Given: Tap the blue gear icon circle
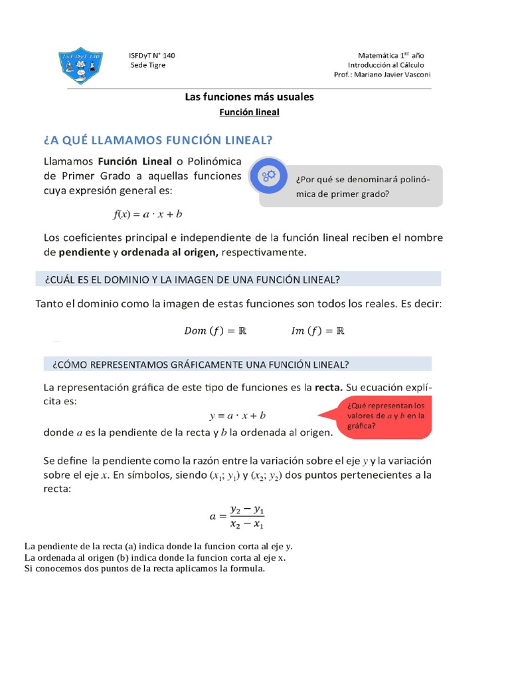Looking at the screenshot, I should (268, 176).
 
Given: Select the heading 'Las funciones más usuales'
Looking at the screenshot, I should (249, 96).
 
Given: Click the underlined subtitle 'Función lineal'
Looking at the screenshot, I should (250, 112).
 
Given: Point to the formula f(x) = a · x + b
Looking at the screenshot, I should (147, 214).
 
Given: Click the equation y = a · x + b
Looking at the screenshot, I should (237, 416).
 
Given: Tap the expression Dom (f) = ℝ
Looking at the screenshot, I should (214, 331).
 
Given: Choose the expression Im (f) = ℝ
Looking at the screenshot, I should (318, 331).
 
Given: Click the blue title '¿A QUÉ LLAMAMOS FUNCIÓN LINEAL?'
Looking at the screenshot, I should (158, 140).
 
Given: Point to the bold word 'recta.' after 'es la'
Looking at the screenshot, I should (329, 387).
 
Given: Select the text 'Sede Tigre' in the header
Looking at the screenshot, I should (147, 65).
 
